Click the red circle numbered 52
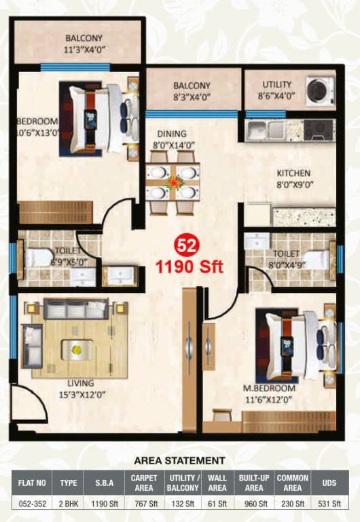pyautogui.click(x=183, y=245)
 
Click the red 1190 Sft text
pyautogui.click(x=190, y=266)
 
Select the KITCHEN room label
pyautogui.click(x=293, y=173)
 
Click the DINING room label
pyautogui.click(x=171, y=134)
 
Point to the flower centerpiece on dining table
pyautogui.click(x=173, y=181)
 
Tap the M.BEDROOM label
pyautogui.click(x=270, y=388)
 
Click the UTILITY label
pyautogui.click(x=277, y=84)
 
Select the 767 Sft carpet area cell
pyautogui.click(x=144, y=504)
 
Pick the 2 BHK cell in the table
pyautogui.click(x=68, y=504)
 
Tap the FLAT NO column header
pyautogui.click(x=33, y=483)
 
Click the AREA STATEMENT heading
pyautogui.click(x=180, y=460)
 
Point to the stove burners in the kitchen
pyautogui.click(x=318, y=128)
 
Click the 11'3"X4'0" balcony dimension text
pyautogui.click(x=84, y=49)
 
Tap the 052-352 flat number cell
pyautogui.click(x=33, y=504)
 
